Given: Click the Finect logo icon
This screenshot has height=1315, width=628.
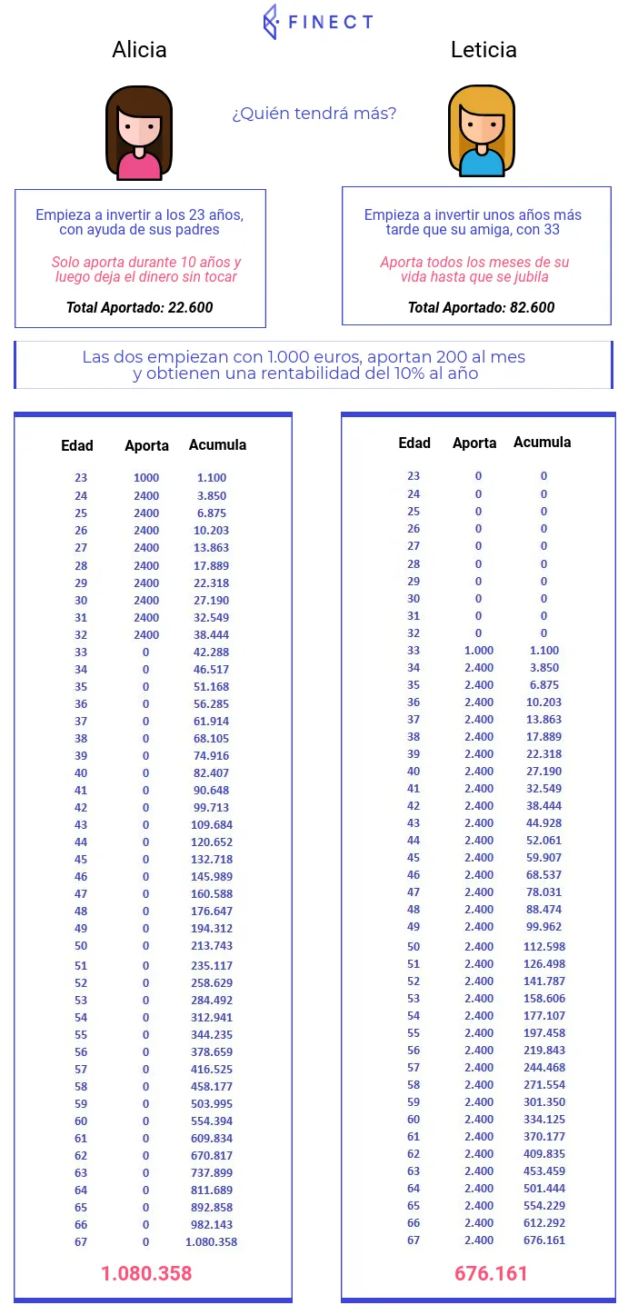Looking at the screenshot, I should tap(270, 22).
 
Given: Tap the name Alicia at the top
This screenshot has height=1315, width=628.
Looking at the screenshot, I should tap(139, 49).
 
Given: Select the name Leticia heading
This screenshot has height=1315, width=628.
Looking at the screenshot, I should tap(483, 49).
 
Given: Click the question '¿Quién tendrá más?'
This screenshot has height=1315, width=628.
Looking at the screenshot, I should tap(314, 114).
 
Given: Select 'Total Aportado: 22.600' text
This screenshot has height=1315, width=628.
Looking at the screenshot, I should tap(139, 307).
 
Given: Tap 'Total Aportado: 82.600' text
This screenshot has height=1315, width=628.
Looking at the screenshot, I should tap(481, 307).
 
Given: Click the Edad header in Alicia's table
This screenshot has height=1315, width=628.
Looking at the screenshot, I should tap(77, 445).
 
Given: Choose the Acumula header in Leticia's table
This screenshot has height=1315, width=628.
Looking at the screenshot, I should tap(543, 443).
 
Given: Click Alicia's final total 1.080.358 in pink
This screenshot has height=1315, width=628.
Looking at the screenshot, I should tap(146, 1273).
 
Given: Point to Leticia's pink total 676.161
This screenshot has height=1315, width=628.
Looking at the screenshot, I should tap(491, 1273).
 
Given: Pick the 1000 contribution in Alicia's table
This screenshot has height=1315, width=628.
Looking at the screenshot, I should tap(146, 478).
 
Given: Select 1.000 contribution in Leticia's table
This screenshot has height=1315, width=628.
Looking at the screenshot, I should tap(479, 651).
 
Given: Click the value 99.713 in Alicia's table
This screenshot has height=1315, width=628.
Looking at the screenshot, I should tap(211, 808).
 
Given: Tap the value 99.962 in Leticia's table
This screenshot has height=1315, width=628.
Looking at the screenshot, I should tap(544, 927).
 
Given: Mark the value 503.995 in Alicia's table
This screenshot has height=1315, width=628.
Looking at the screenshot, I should tap(211, 1103).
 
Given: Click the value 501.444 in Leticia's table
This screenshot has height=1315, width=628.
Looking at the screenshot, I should tap(544, 1189).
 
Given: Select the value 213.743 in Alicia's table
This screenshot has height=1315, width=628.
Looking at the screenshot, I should tap(211, 946).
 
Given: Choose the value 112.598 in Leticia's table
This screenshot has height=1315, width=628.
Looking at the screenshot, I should tap(544, 947).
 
